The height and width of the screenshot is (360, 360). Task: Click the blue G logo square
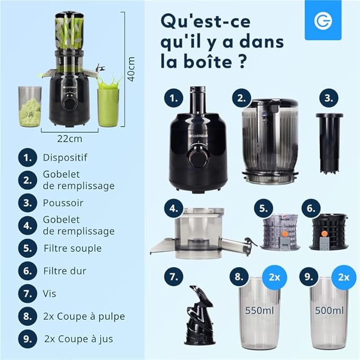[x=323, y=20]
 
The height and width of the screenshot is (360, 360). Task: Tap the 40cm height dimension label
[x=131, y=69]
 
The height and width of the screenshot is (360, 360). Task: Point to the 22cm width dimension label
[x=69, y=139]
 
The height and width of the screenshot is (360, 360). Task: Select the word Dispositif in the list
[x=65, y=157]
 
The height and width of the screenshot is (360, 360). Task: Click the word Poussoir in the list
[x=63, y=203]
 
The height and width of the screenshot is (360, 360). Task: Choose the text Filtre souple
[x=73, y=249]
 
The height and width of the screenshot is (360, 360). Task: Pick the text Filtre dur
[x=65, y=271]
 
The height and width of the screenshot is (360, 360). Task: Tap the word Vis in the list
[x=49, y=293]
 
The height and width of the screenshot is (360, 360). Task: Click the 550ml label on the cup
[x=259, y=310]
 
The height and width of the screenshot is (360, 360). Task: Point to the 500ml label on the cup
[x=329, y=310]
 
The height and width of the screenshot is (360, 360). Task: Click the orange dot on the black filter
[x=324, y=234]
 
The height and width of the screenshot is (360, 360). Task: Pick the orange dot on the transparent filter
[x=285, y=234]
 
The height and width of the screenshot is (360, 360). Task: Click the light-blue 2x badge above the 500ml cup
[x=344, y=277]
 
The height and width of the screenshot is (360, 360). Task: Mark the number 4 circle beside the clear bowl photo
[x=174, y=208]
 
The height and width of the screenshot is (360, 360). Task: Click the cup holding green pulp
[x=30, y=107]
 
